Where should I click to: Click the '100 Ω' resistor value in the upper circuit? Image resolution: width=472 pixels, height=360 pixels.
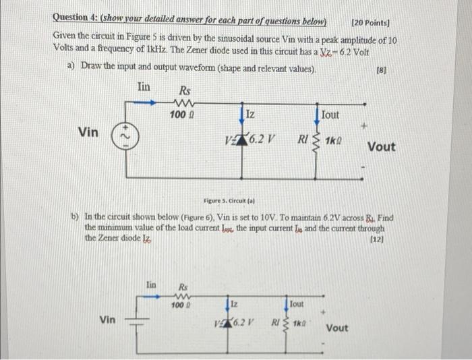point(179,117)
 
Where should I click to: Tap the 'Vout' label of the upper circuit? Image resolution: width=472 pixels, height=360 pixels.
point(382,147)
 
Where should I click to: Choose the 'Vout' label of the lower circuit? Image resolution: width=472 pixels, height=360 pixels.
point(337,328)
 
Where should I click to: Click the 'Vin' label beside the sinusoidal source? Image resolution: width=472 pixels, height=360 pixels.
point(89,131)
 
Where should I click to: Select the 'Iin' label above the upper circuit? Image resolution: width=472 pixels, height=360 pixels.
point(144,87)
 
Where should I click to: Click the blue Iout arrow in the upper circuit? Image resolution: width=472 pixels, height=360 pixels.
point(317,115)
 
